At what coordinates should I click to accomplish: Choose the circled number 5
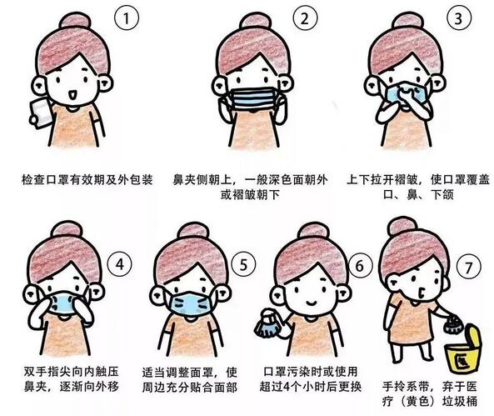[242, 266]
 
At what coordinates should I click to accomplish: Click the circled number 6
[359, 266]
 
